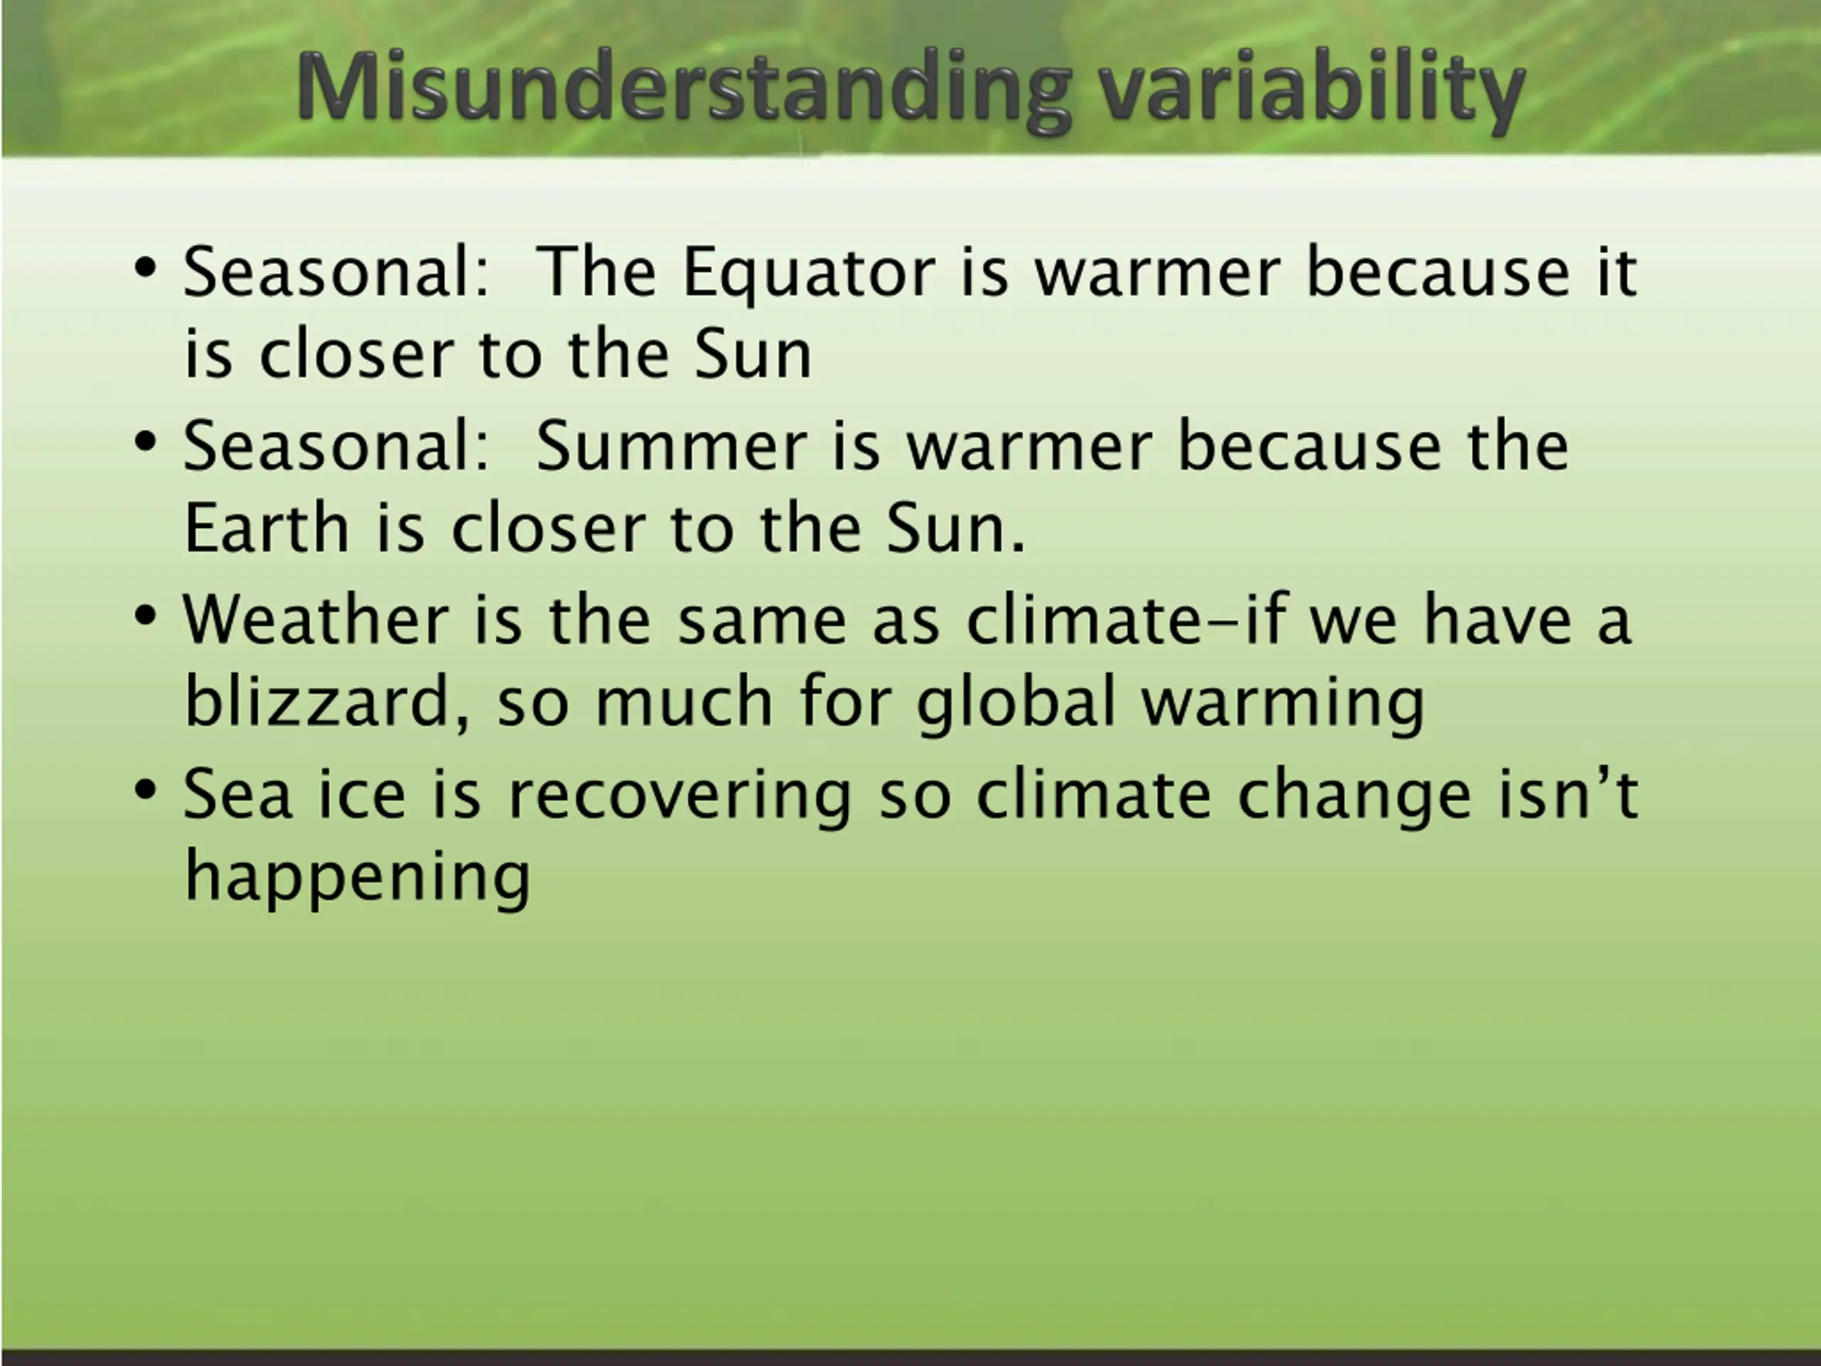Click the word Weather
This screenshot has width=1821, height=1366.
tap(315, 619)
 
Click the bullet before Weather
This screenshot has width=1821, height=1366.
tap(145, 617)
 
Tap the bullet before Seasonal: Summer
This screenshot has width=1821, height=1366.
tap(145, 442)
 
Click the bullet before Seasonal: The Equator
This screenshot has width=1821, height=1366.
tap(145, 269)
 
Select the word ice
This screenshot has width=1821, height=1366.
tap(362, 794)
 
